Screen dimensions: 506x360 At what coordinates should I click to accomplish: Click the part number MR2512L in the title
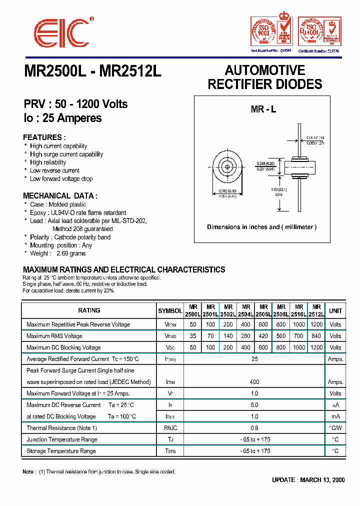coord(130,71)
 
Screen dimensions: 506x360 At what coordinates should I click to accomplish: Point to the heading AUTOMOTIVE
coord(265,70)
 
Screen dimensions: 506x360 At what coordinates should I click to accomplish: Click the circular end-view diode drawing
coord(227,167)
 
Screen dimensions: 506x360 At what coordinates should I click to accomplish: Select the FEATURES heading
coord(44,137)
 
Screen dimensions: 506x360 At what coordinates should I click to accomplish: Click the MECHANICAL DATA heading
coord(60,196)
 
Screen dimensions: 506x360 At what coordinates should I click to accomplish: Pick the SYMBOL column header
coord(170,310)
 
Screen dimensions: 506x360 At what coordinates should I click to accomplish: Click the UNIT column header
coord(335,310)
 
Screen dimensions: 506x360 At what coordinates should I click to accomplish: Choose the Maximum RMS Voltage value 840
coord(316,336)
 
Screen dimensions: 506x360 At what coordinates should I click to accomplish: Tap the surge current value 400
coord(254,382)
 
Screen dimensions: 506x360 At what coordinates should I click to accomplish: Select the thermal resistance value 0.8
coord(254,428)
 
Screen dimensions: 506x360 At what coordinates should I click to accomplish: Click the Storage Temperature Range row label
coord(61,451)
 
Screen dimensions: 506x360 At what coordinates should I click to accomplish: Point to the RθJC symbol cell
coord(170,428)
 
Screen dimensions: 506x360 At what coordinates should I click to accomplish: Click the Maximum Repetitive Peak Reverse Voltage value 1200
coord(316,324)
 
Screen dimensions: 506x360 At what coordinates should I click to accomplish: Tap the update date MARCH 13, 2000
coord(322,480)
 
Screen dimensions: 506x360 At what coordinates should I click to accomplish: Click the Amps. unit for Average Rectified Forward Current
coord(335,359)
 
